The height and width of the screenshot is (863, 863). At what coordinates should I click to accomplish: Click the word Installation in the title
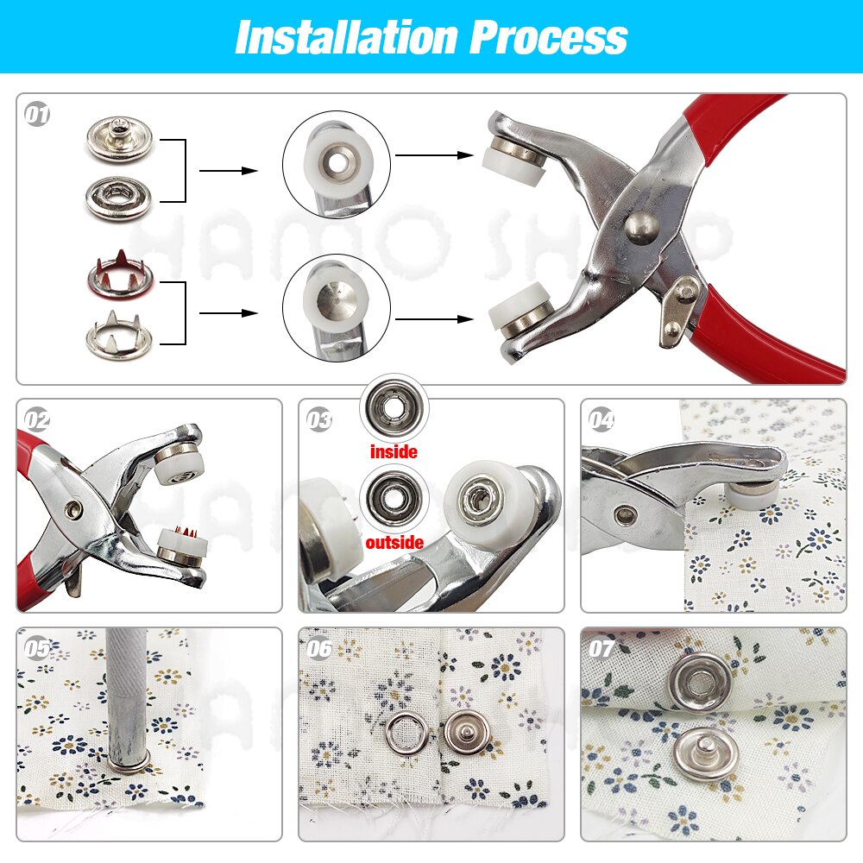345,37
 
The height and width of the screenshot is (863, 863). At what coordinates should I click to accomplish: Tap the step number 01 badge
37,115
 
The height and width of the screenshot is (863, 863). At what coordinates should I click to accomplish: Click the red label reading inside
394,451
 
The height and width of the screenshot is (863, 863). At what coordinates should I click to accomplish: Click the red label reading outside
394,543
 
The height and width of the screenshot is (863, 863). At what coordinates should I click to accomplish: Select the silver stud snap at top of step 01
119,140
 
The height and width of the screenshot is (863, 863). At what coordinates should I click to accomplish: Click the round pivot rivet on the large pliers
640,227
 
